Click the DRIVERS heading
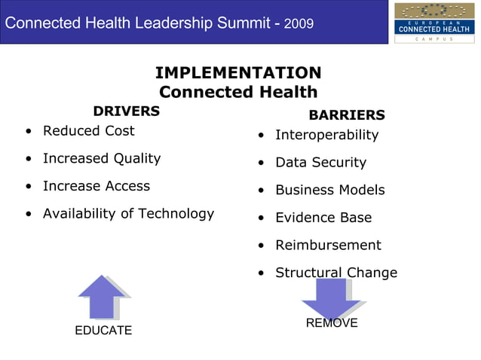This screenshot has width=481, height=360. pos(127,111)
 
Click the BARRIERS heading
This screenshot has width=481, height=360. pos(347,115)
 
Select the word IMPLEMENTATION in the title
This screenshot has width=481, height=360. pos(238,73)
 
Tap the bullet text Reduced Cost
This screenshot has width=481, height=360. pos(88,131)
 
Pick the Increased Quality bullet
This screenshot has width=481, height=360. pos(102,158)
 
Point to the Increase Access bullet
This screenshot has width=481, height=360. pos(97,186)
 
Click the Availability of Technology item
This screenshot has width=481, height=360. pos(128,214)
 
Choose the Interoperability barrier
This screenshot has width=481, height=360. pos(326,135)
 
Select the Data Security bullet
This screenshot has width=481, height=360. pos(320,163)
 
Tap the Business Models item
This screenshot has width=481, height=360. pos(329,191)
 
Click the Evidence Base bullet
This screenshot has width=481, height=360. pos(323,218)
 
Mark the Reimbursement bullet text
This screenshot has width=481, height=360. pos(328,246)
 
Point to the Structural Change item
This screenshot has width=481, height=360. pos(335,273)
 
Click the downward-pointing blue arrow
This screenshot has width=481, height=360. pos(331,298)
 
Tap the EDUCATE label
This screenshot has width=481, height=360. pos(103,331)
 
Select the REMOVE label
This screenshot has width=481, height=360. pos(332,323)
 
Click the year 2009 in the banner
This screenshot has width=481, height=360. pos(299,24)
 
